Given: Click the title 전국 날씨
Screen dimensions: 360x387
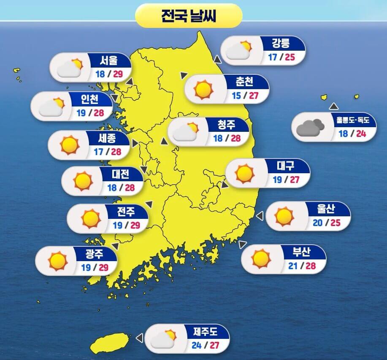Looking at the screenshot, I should pos(189,16).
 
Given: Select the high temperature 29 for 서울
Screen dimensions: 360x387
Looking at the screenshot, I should pos(118,74).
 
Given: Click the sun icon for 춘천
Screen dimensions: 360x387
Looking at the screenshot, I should pos(203,89).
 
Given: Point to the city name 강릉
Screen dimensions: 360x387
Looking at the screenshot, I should pos(281,43).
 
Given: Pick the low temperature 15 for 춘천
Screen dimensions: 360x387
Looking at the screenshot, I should pos(236,95).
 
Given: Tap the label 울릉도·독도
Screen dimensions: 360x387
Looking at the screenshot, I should pos(352,120).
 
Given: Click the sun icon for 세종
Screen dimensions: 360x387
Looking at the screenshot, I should pos(70,145).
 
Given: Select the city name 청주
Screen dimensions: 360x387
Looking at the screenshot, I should pos(226,124).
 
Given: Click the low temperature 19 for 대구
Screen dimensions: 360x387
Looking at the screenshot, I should pos(277,180).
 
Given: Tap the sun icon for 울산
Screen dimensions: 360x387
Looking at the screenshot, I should pos(284,216).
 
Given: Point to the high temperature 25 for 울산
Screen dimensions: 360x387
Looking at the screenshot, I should pos(335,222).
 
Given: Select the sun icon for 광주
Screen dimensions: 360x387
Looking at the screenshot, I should pos(58,260).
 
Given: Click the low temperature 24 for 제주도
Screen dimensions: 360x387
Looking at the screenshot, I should pos(196,345).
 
